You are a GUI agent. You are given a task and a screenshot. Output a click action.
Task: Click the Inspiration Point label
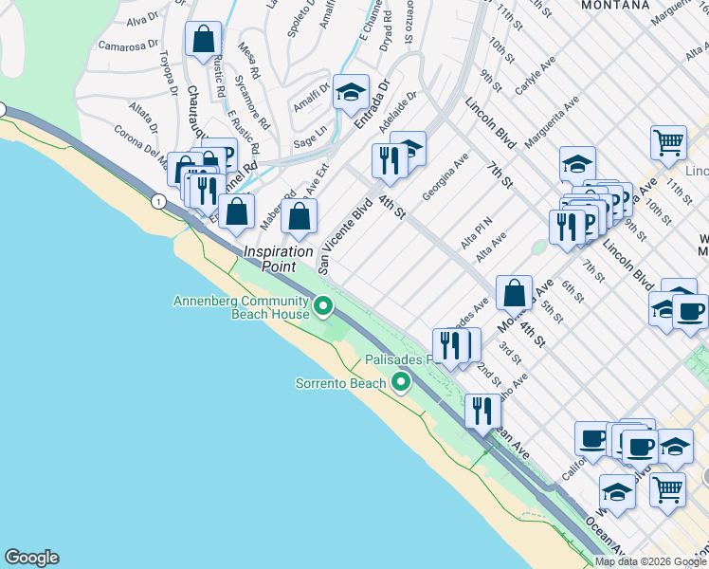pos(279,259)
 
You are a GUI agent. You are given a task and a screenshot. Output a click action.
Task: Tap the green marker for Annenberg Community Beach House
pos(323,305)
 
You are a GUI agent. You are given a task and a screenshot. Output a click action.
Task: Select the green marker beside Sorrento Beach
pos(401,383)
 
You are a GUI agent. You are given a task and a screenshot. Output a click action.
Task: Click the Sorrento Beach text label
pos(340,383)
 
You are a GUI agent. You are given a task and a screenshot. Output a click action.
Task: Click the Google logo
pos(31,558)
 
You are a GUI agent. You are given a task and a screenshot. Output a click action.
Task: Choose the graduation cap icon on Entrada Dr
pos(351,92)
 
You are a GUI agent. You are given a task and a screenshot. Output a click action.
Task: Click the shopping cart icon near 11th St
pos(668,142)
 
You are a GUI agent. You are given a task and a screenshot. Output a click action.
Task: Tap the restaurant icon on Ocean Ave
pos(482,410)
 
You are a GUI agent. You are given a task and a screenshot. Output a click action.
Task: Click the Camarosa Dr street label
pos(127,45)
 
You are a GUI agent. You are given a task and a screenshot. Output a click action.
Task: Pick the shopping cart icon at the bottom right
pos(667,490)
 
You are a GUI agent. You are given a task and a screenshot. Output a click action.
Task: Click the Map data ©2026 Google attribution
pos(650,561)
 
